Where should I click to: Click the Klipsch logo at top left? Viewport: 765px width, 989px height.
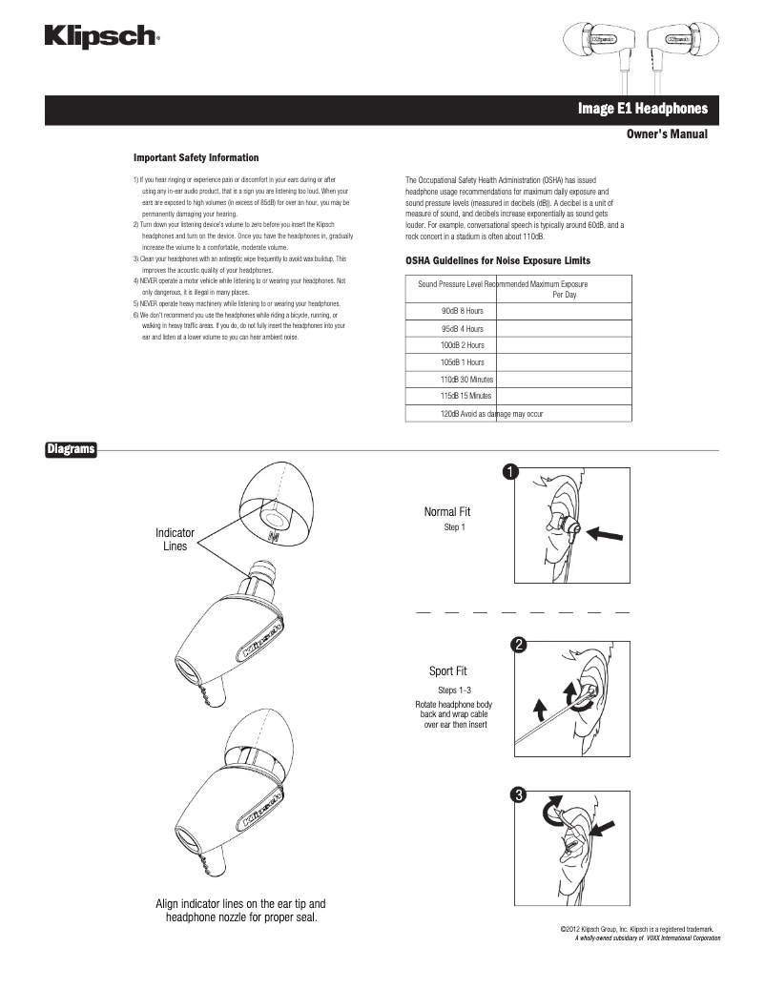coord(100,37)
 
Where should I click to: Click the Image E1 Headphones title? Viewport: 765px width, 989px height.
coord(642,110)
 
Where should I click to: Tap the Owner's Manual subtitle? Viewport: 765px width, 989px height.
coord(666,134)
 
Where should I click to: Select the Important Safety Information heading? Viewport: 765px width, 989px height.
coord(196,157)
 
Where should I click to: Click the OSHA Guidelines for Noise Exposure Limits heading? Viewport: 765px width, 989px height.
coord(498,260)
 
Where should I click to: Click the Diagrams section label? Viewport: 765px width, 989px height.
coord(72,449)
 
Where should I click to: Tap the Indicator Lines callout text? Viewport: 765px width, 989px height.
coord(175,539)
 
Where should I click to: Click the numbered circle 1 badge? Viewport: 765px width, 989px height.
coord(512,472)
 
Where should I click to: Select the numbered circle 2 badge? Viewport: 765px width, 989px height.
coord(518,645)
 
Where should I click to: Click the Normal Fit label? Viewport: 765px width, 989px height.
coord(446,512)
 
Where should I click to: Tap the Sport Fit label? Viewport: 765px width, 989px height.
coord(447,671)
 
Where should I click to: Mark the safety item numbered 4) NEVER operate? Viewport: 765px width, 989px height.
coord(238,281)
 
